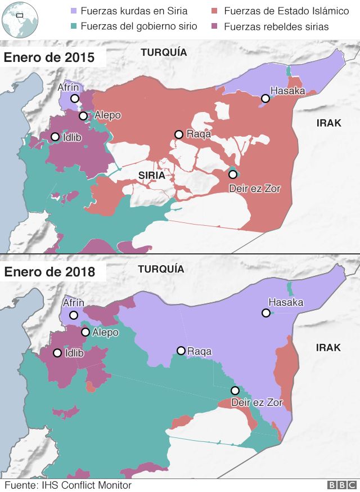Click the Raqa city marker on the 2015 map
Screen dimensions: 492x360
(x=178, y=134)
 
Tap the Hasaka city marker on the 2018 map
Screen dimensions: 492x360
(x=265, y=313)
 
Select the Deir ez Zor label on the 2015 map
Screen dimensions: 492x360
(x=254, y=189)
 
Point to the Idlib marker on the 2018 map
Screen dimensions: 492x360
(x=57, y=353)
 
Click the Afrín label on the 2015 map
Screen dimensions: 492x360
(x=69, y=87)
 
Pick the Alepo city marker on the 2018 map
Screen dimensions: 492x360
(x=85, y=332)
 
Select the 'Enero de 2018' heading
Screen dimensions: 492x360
(x=49, y=272)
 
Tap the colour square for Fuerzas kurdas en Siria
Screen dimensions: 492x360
(x=74, y=11)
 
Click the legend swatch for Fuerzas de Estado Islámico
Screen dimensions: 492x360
(x=215, y=11)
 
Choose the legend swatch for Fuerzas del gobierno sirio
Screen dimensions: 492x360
(x=74, y=26)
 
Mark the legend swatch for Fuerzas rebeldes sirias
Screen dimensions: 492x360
(x=215, y=26)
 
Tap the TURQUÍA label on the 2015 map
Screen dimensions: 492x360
(x=163, y=52)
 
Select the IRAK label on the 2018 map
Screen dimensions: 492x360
(x=328, y=347)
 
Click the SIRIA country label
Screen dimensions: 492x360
(x=151, y=175)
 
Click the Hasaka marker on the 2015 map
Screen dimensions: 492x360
(x=264, y=99)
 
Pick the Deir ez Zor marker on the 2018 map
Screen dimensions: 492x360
(x=235, y=391)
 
